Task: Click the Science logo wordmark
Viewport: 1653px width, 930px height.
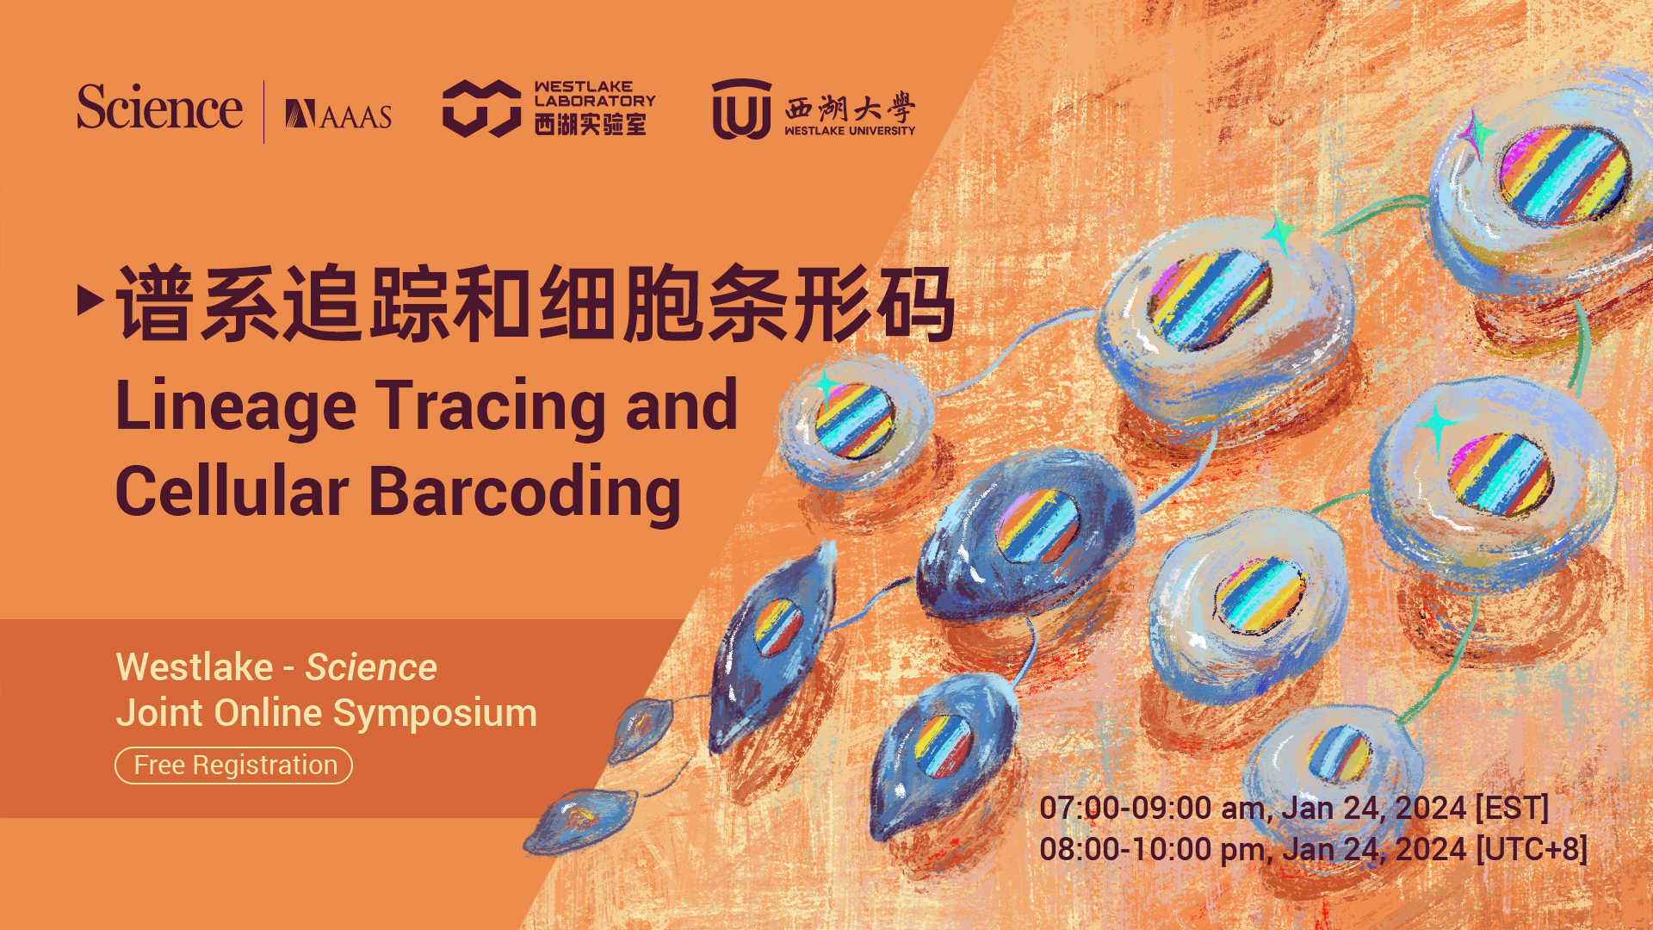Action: click(x=159, y=108)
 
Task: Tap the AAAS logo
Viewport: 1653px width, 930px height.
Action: click(x=338, y=115)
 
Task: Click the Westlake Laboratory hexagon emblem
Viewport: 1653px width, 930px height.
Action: click(x=481, y=108)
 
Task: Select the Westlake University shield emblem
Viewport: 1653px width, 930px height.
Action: click(x=740, y=109)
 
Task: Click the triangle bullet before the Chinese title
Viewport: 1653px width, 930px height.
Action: click(x=90, y=301)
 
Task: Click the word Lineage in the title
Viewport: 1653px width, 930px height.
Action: click(x=235, y=406)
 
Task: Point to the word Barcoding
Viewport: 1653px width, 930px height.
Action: click(x=525, y=492)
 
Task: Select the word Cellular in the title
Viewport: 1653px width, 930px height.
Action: click(x=232, y=492)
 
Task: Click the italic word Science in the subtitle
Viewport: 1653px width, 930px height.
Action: click(x=371, y=667)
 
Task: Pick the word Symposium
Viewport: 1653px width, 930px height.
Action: click(x=435, y=713)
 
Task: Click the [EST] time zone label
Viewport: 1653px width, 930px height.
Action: click(x=1512, y=808)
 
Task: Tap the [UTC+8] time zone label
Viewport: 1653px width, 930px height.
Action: click(x=1532, y=849)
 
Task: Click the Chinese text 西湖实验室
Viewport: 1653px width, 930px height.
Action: click(x=590, y=125)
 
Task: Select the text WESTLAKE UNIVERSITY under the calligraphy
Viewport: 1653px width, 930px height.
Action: click(x=849, y=131)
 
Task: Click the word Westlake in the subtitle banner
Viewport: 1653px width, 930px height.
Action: click(x=195, y=667)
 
